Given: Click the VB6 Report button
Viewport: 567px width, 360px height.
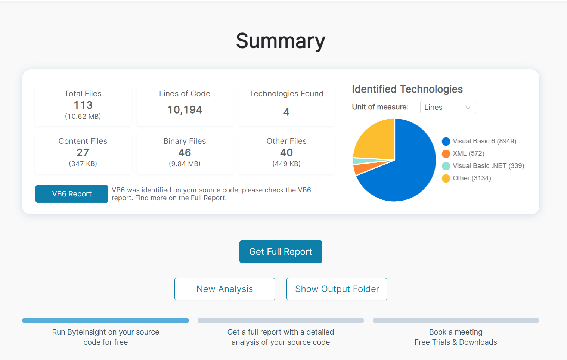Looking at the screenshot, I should pos(72,194).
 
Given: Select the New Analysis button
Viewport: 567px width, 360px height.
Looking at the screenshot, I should pos(224,289).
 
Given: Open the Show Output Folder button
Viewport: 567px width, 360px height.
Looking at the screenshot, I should pos(337,289).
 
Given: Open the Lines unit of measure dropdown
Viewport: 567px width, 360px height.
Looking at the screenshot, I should pos(447,108).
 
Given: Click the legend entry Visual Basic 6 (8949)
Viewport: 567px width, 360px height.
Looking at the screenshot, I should pos(484,141).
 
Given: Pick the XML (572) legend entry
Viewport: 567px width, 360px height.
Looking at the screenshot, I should pos(468,153).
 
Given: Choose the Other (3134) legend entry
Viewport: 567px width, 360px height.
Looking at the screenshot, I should pos(471,178).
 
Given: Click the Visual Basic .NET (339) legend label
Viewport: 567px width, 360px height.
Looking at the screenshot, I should pos(488,166).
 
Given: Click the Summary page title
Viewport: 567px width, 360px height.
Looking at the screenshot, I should pos(281,41).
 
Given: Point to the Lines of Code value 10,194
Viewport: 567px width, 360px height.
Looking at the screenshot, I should pos(185,110).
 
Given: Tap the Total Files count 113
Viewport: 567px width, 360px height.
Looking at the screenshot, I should pos(83,105).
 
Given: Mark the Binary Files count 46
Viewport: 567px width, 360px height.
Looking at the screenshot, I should pos(185,153).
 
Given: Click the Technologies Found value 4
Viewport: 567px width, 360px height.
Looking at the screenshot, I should pos(286,112).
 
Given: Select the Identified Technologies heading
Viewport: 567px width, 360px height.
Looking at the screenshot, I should pos(407,89).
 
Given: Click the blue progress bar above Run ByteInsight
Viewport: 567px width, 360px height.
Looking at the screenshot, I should pos(105,320).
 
